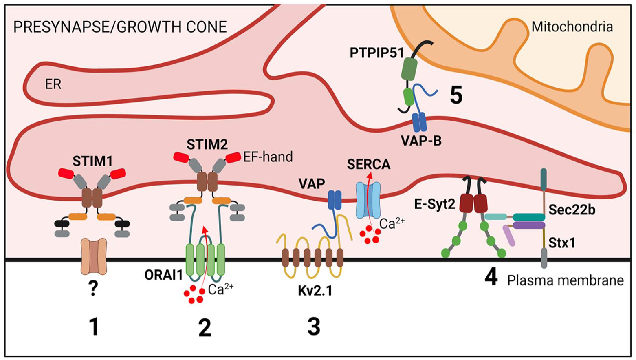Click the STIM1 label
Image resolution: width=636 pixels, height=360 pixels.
tap(92, 161)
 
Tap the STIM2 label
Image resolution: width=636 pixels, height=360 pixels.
tap(207, 145)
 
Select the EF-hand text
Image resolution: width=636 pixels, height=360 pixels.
tap(268, 157)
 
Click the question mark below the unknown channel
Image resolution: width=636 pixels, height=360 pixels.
tap(93, 289)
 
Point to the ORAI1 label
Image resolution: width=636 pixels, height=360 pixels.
tap(163, 275)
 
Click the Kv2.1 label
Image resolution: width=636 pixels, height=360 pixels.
tap(315, 291)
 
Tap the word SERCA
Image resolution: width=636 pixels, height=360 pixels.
tap(369, 165)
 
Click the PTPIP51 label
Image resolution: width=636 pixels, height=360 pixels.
tap(376, 53)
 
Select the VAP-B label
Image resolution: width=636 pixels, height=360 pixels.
tap(421, 140)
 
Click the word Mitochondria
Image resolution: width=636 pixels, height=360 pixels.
tap(572, 27)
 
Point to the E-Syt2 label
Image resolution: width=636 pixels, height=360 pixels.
tap(435, 204)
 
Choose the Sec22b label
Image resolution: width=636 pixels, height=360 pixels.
tap(572, 210)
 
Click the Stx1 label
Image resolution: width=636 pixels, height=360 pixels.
tap(561, 243)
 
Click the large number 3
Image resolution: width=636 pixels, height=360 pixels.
tap(314, 327)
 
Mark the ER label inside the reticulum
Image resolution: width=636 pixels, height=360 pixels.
tap(53, 84)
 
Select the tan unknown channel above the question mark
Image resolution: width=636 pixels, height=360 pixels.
tap(94, 256)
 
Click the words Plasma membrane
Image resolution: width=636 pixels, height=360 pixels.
tap(565, 281)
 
